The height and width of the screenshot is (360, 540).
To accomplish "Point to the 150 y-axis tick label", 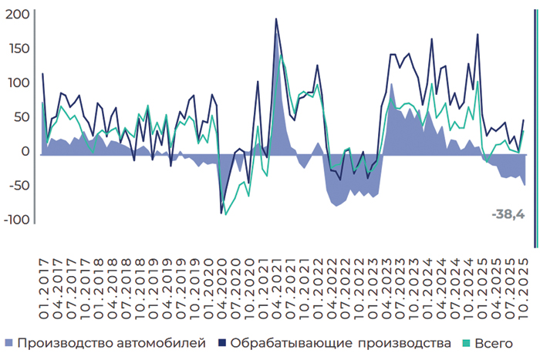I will [17, 49].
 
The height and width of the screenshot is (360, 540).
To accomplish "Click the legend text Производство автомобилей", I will [111, 342].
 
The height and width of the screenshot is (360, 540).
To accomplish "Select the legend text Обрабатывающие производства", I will [340, 342].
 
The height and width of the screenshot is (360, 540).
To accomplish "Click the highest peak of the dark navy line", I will [276, 19].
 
